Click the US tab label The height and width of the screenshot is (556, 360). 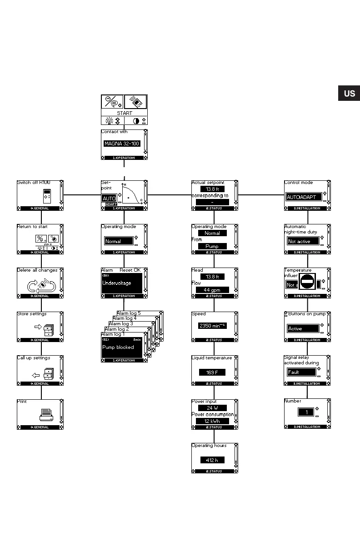point(349,94)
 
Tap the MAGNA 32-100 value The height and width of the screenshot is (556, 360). point(122,144)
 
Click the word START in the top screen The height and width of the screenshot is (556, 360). point(124,113)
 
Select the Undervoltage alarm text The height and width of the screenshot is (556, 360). point(116,283)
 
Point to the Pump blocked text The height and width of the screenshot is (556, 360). point(118,347)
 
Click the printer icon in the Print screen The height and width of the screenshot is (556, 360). point(47,414)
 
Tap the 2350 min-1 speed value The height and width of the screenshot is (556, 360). point(212,326)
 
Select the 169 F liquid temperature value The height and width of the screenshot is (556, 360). point(212,372)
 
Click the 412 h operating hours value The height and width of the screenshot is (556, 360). point(212,460)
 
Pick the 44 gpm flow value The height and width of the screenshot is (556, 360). point(212,290)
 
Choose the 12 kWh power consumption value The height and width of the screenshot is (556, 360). point(212,421)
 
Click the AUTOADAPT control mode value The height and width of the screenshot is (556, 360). point(303,197)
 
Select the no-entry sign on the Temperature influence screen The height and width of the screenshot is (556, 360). point(307,282)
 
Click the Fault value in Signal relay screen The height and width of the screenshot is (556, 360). point(301,372)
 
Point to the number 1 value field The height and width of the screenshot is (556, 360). point(306,412)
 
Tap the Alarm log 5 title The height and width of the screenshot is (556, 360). point(129,313)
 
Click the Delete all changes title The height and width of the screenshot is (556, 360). point(37,270)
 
